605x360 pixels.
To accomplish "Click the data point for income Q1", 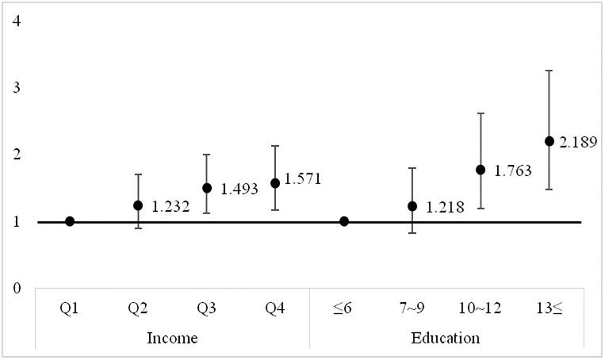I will coord(70,221).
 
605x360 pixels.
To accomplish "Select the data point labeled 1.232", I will coord(139,205).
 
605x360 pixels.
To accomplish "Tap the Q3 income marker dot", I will coord(207,188).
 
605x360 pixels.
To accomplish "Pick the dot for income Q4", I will coord(275,183).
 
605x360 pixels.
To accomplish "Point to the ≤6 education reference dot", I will coord(344,221).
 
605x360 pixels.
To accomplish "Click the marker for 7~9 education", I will coord(412,206).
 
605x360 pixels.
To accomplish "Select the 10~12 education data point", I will coord(481,170).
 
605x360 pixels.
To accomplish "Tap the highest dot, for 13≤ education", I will coord(549,141).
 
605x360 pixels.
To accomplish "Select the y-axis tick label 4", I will coord(17,19).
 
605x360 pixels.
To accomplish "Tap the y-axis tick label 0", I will coord(17,288).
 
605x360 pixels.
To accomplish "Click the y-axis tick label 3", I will coord(17,86).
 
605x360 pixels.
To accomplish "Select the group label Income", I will coord(173,339).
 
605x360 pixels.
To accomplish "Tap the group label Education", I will coord(446,339).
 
